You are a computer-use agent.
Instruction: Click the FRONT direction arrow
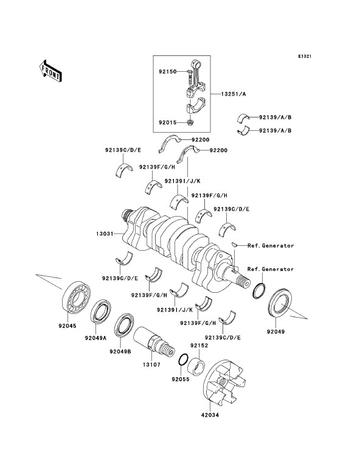pyautogui.click(x=50, y=71)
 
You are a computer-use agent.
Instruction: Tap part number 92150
pyautogui.click(x=168, y=72)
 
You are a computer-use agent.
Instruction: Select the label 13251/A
pyautogui.click(x=234, y=94)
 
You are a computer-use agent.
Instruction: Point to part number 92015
pyautogui.click(x=168, y=123)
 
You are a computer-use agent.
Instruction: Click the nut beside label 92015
pyautogui.click(x=190, y=122)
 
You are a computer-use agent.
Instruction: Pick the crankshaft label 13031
pyautogui.click(x=105, y=234)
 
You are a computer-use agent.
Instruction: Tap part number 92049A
pyautogui.click(x=95, y=338)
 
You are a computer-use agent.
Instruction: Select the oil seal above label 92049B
pyautogui.click(x=124, y=325)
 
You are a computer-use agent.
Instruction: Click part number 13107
pyautogui.click(x=151, y=365)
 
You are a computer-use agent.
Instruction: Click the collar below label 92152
pyautogui.click(x=196, y=366)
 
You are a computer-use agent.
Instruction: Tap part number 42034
pyautogui.click(x=210, y=415)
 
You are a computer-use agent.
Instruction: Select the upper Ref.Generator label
pyautogui.click(x=271, y=246)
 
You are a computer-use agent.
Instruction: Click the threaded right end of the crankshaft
pyautogui.click(x=243, y=282)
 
